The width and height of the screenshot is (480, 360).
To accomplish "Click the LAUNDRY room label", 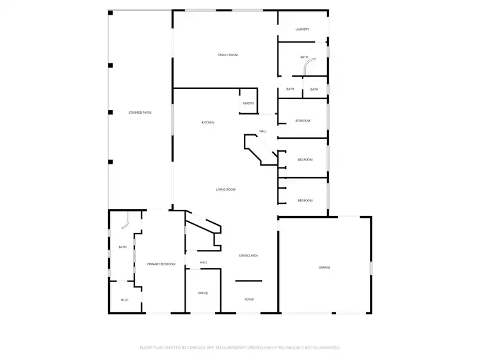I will click(302, 29).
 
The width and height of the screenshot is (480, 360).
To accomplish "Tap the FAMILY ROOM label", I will click(228, 55).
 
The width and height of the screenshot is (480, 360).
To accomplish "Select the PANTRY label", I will click(248, 104).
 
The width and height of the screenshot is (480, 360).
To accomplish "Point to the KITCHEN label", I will click(208, 122).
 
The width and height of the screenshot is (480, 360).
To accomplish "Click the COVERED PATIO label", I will click(140, 113).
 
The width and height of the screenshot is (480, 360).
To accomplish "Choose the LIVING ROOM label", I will click(225, 189).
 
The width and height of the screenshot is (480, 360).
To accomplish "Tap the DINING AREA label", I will click(248, 256).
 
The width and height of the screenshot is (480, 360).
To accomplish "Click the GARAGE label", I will click(324, 267).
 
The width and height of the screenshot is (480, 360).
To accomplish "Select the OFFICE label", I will click(203, 293).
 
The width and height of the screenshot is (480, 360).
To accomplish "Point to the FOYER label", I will click(250, 299).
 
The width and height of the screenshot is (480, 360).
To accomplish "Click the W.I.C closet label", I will click(125, 300).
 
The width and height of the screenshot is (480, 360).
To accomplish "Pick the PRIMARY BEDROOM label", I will click(161, 263).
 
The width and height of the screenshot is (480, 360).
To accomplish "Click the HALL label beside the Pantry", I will click(262, 132).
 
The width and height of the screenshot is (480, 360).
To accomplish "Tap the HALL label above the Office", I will click(204, 262).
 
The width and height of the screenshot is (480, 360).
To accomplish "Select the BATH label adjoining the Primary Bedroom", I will click(122, 247).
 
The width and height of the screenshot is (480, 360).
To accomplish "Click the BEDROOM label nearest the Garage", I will click(305, 201).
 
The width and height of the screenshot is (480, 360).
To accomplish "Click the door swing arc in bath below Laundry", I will click(310, 67).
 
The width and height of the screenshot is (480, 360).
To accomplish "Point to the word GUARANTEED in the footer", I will click(324, 348).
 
